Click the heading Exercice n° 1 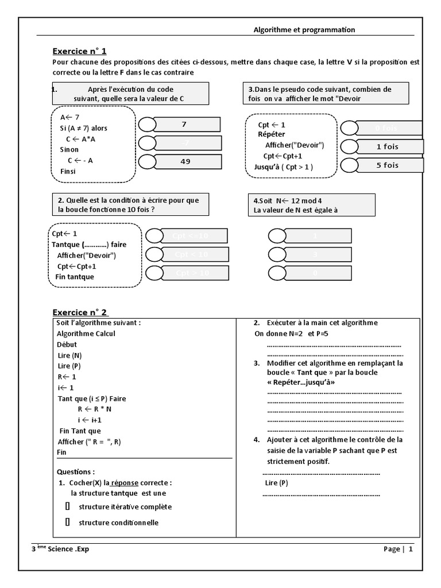click(80, 51)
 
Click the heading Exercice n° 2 click(80, 312)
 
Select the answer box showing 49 click(185, 162)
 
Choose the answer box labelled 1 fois click(388, 146)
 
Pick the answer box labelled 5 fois click(388, 165)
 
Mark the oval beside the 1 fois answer click(349, 146)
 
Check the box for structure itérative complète click(67, 506)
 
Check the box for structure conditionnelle click(67, 522)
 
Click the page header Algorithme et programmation click(304, 30)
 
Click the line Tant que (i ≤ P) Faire click(92, 399)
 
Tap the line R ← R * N click(95, 409)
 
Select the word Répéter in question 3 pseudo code click(271, 134)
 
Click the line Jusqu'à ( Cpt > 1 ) click(284, 167)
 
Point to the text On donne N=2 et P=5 click(291, 334)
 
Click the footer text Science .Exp click(68, 549)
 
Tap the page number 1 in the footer click(411, 549)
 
